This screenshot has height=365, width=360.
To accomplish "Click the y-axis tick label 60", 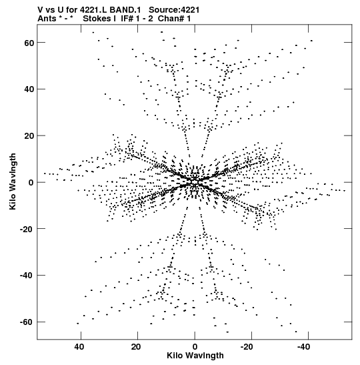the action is (29, 43).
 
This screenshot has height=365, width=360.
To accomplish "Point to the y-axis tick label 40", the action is (29, 89).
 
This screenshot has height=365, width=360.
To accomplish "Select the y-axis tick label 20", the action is (29, 135).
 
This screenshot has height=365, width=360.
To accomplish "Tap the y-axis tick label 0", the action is (31, 182).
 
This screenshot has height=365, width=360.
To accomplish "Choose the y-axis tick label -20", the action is (27, 229).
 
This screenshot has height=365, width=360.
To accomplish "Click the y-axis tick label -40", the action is (27, 276).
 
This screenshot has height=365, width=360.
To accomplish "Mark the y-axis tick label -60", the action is (27, 322).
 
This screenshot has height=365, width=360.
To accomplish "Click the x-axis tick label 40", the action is (79, 347).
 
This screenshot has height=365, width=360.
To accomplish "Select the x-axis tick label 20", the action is (136, 347).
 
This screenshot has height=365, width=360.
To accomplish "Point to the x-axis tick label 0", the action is (195, 347).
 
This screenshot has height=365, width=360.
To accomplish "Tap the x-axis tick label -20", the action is (247, 347).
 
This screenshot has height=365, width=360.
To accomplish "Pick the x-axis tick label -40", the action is (303, 347).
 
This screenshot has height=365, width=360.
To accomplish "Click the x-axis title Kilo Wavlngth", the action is (195, 356).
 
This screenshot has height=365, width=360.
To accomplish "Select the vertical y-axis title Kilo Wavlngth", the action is (13, 181).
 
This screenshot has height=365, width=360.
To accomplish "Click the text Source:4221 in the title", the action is (174, 10).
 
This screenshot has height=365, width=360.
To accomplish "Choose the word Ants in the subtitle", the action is (47, 19).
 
